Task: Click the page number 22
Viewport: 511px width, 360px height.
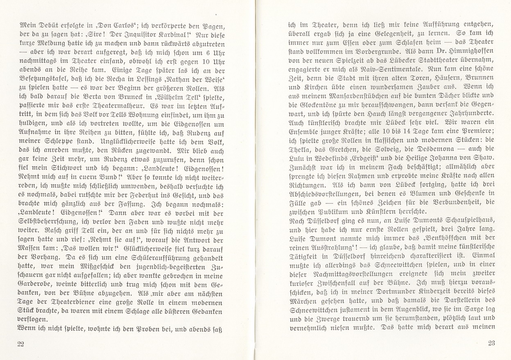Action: [21, 343]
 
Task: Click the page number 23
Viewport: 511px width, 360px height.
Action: [492, 343]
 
